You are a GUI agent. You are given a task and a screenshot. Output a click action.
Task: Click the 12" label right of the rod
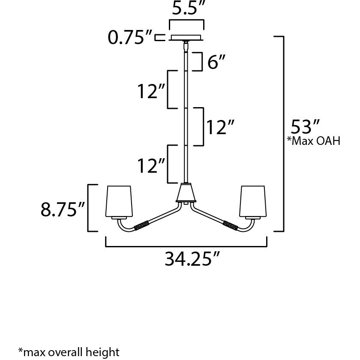coord(220,127)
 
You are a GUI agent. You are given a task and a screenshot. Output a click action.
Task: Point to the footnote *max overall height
coord(69,352)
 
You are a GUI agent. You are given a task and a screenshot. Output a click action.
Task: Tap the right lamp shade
coord(254,201)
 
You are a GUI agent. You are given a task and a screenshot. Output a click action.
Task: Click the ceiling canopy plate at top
coord(186,37)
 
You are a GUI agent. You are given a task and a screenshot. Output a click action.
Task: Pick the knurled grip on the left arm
coord(141,225)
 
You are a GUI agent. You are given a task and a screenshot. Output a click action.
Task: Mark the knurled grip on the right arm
coord(230,225)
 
